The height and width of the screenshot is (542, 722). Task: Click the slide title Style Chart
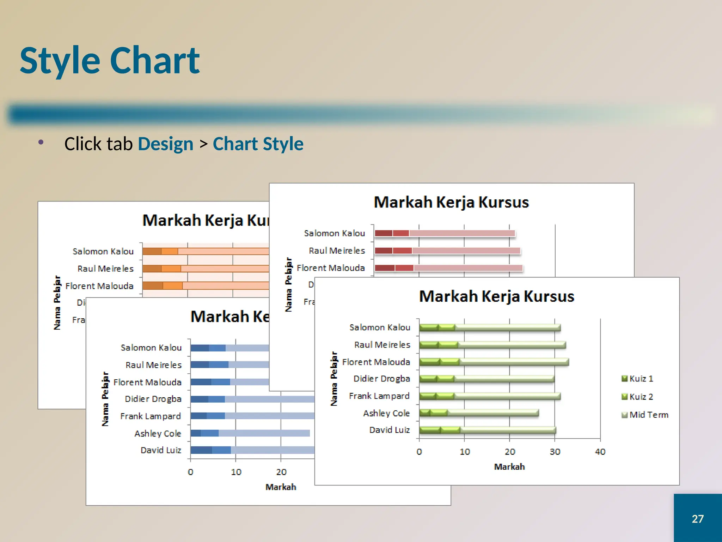(110, 61)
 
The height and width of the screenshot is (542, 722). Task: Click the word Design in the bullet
(165, 144)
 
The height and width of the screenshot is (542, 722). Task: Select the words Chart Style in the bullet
(258, 144)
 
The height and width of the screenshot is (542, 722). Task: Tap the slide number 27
(697, 519)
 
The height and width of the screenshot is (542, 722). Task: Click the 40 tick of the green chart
(600, 452)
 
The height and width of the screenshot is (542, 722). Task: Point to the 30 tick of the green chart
(555, 452)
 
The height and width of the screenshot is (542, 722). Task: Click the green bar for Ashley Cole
(479, 413)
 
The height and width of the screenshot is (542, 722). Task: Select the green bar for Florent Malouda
(494, 362)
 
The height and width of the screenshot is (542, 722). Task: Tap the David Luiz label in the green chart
(389, 430)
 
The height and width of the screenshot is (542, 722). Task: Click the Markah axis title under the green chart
(509, 467)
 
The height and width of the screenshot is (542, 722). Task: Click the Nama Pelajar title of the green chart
(334, 379)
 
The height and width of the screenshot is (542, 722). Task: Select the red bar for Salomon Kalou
(444, 233)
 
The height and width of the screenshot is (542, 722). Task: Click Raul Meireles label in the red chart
(337, 251)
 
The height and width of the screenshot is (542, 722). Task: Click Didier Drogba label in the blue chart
(153, 399)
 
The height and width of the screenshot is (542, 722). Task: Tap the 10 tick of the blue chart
(236, 472)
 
